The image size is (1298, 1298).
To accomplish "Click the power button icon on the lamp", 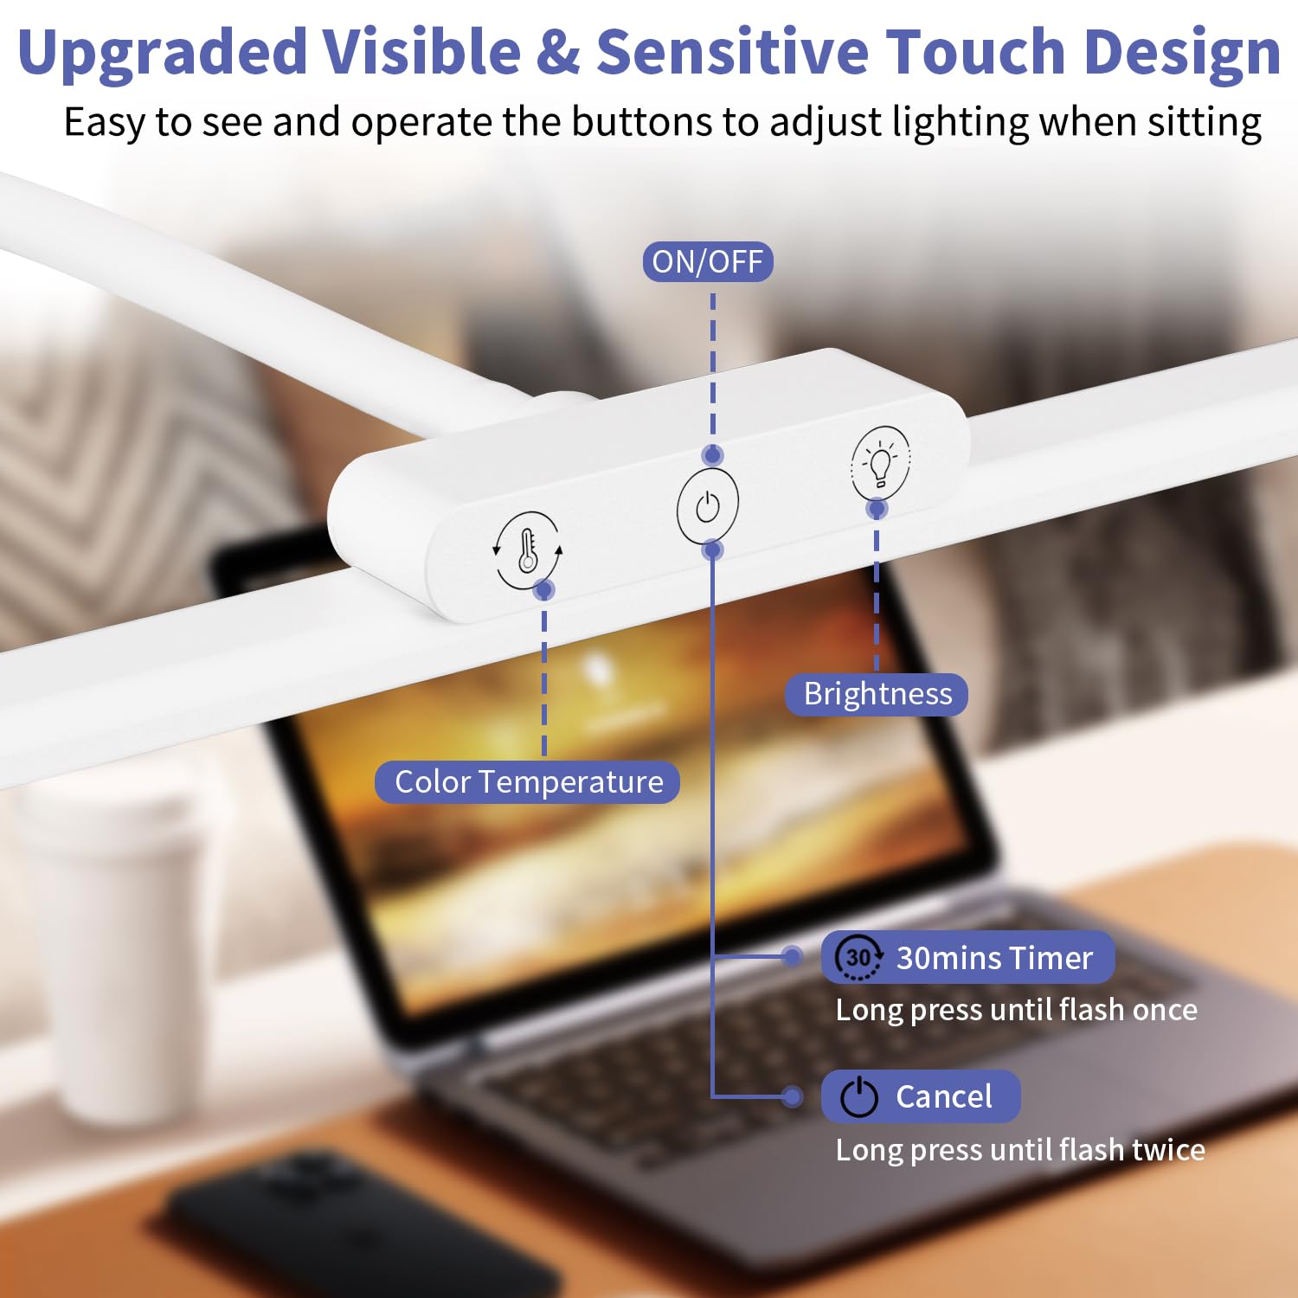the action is [x=708, y=506].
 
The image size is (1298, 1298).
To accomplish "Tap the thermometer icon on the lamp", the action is [x=527, y=550].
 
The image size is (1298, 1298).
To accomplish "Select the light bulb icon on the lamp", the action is [x=880, y=463].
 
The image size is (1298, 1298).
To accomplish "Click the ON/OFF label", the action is [x=708, y=261].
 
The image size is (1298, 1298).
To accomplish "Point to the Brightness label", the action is [x=877, y=694].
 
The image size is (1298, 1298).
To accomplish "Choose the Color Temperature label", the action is [x=528, y=781].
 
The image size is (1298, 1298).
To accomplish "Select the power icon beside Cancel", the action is [x=859, y=1096].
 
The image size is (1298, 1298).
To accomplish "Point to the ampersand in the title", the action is [x=558, y=52].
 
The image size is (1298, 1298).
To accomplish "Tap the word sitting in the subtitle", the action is [x=1205, y=122].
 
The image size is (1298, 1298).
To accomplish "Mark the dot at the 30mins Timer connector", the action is [x=791, y=956].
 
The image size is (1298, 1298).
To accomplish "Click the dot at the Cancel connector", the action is [x=791, y=1096].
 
